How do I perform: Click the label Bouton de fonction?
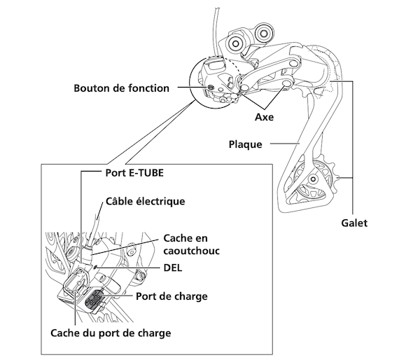pos(122,88)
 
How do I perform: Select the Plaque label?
pos(245,145)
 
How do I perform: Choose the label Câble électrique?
pos(145,202)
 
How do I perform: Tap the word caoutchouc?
pos(192,249)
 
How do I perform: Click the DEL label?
pos(172,268)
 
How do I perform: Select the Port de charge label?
pos(172,296)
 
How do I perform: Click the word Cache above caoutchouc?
pos(178,237)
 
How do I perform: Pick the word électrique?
pos(161,202)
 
